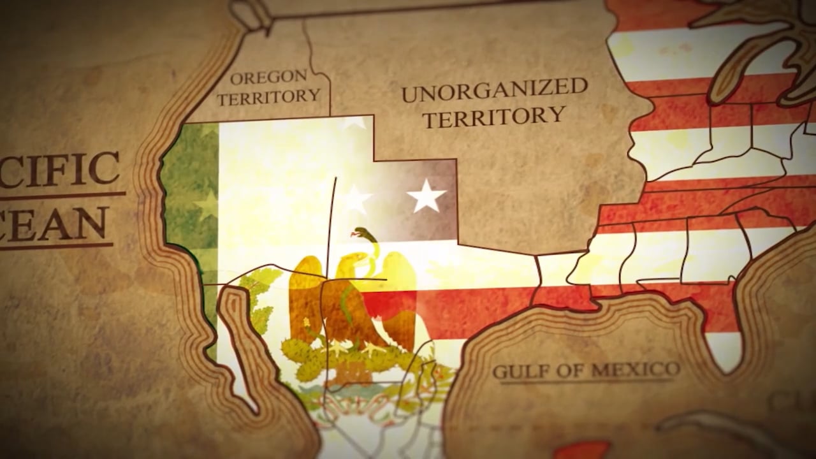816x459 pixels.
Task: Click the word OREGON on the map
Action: pos(268,78)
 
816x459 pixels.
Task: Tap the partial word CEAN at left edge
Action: pos(54,224)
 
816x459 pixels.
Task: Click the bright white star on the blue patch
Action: pos(426,195)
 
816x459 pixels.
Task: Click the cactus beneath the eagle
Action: pos(344,357)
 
